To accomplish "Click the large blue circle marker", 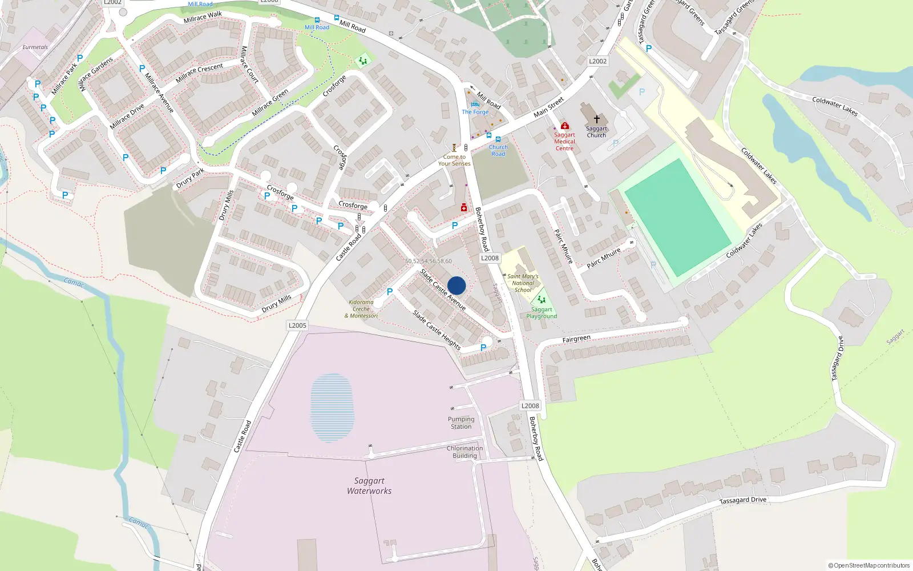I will click(457, 285).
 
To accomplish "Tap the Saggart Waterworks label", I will click(369, 486).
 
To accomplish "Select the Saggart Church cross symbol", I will click(597, 119).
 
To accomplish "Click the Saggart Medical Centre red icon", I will click(564, 126).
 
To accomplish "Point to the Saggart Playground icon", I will click(541, 299).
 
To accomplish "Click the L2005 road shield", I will click(297, 325).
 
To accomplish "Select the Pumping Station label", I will click(461, 423).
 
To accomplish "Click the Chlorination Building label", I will click(464, 452).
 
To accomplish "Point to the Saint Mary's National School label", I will click(523, 283).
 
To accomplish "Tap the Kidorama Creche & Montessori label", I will click(361, 309).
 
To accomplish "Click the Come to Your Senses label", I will click(454, 160).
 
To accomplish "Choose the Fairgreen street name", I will click(576, 339).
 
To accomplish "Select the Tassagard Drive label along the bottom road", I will click(742, 500).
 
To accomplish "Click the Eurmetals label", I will click(35, 47).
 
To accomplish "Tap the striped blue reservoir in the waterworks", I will click(332, 408).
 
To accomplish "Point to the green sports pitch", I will click(677, 217).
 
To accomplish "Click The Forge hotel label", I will click(475, 112).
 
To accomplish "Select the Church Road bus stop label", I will click(498, 150).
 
